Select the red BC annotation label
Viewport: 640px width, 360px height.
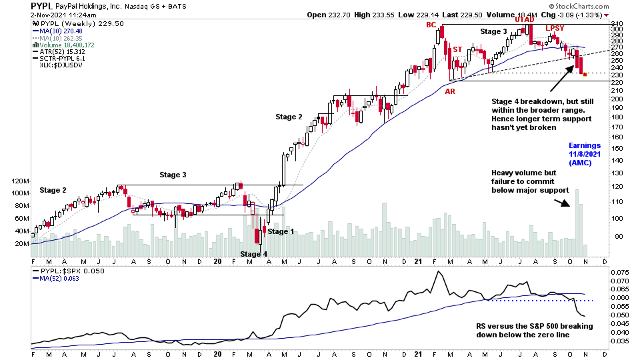point(433,25)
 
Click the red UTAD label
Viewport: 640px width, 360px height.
point(525,21)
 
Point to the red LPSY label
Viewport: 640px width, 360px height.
point(555,28)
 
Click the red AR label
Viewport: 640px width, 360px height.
point(451,91)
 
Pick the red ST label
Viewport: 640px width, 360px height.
point(457,50)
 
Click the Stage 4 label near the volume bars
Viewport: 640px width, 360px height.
point(253,254)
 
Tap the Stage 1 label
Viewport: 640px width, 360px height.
point(281,231)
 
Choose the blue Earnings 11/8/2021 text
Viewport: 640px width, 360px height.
point(585,154)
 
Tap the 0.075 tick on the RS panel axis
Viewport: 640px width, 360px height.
point(619,273)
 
